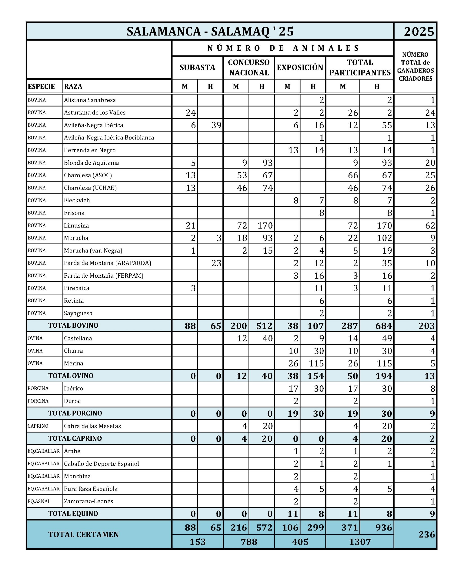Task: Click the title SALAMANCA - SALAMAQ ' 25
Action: click(x=210, y=31)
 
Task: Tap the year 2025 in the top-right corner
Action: click(x=419, y=31)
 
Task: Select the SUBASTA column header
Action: click(x=197, y=67)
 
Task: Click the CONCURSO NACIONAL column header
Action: click(x=249, y=67)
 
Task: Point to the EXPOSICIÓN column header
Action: click(x=300, y=67)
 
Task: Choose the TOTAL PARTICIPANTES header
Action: click(x=360, y=67)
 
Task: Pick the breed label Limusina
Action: click(x=76, y=225)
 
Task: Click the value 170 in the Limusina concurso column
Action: click(x=265, y=226)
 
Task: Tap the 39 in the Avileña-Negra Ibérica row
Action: click(x=216, y=125)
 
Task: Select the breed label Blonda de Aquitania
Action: click(x=91, y=163)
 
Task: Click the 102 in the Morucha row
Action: click(x=384, y=238)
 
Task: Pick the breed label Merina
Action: click(x=73, y=363)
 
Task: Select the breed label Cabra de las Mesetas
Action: click(x=93, y=426)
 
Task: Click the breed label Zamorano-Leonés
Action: click(x=88, y=501)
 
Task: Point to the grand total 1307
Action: click(x=360, y=542)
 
